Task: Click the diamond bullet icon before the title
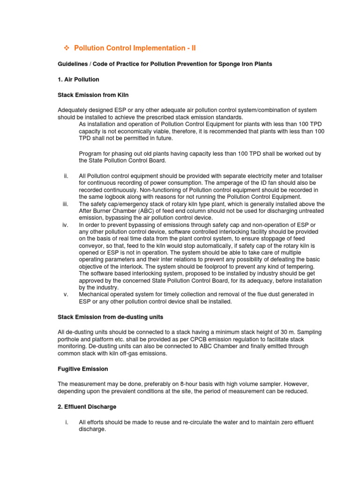[66, 48]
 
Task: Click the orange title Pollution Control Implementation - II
[136, 48]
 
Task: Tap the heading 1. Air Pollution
[78, 80]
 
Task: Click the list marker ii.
[66, 175]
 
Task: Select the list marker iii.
[66, 204]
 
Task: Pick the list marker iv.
[66, 225]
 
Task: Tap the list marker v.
[66, 294]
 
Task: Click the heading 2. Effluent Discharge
[87, 406]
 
